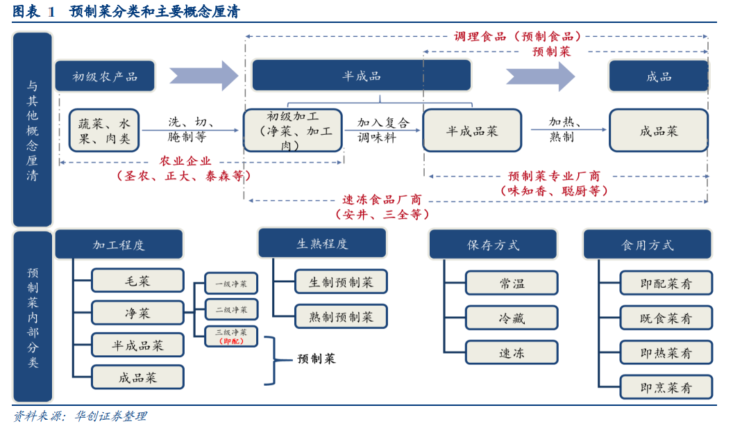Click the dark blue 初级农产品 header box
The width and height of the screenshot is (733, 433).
(105, 76)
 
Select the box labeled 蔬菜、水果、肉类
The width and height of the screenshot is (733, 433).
(105, 131)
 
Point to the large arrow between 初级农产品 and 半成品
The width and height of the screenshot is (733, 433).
(203, 76)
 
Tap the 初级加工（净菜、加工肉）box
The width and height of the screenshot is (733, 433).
(292, 131)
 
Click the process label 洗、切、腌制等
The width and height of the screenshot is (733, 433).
(192, 130)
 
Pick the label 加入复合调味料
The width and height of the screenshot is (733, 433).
(382, 130)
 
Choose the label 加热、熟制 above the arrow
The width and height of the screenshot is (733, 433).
(565, 130)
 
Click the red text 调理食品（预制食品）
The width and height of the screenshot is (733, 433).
(517, 36)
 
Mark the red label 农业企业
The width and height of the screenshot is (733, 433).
(185, 161)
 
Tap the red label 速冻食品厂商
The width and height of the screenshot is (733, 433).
(382, 199)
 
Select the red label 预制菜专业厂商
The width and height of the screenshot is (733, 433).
(554, 176)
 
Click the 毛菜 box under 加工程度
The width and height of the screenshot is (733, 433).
(137, 281)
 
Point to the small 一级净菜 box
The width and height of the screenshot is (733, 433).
(231, 284)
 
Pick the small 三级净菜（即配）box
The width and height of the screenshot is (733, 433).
(231, 336)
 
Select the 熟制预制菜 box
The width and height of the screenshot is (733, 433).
(341, 317)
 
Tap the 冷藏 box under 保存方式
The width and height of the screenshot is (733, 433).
(512, 318)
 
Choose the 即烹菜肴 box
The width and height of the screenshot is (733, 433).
(666, 388)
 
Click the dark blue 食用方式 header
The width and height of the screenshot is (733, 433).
(647, 245)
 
